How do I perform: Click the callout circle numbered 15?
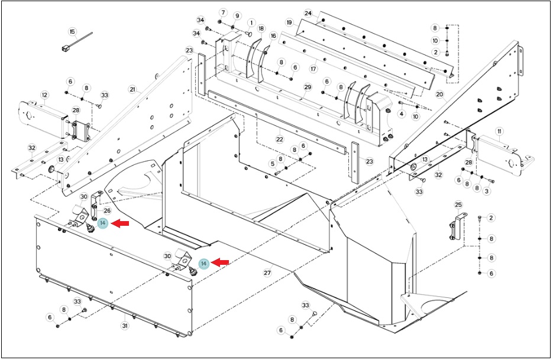[73, 32]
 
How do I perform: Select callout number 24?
[308, 14]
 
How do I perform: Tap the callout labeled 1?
[251, 23]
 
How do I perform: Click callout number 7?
[223, 12]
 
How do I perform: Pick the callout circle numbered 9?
[237, 16]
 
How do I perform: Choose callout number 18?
[261, 28]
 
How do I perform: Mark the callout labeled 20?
[439, 95]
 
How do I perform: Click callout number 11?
[499, 131]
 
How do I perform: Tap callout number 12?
[44, 95]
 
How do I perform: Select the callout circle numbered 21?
[132, 90]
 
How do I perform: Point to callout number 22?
[280, 140]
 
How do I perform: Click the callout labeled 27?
[267, 273]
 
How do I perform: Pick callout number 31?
[125, 326]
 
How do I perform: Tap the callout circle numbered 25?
[458, 205]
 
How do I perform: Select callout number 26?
[107, 211]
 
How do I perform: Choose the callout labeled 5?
[272, 164]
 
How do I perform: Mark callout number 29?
[308, 87]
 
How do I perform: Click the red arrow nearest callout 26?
[120, 223]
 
